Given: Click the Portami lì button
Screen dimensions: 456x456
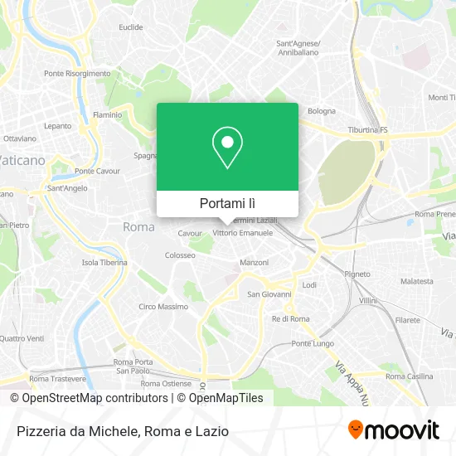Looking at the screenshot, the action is tap(227, 203).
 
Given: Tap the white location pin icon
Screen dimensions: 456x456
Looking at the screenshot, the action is tap(227, 147).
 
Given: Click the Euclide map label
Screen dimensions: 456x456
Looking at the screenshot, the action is tap(131, 27).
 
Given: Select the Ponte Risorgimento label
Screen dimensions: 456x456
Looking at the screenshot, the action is tap(77, 73).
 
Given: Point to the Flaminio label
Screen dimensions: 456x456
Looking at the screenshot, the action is tap(108, 114).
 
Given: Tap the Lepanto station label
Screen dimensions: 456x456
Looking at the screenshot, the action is tap(58, 126).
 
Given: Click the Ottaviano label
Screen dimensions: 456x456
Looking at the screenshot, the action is tap(20, 138).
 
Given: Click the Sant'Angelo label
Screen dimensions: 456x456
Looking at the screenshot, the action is tap(67, 188).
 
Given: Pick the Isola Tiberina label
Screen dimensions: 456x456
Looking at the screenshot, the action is tap(104, 263).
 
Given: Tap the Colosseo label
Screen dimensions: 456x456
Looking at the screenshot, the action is tap(180, 255).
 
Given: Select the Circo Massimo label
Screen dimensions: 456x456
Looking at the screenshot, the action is tap(163, 307).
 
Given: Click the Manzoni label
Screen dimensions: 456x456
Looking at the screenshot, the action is tap(255, 263).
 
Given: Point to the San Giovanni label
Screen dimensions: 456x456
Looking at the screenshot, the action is tap(269, 293).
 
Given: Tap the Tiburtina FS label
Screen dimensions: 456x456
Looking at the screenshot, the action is tap(367, 130).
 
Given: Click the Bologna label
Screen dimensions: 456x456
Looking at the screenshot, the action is tap(322, 111).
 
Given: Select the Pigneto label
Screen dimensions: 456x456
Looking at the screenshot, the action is tap(358, 274).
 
